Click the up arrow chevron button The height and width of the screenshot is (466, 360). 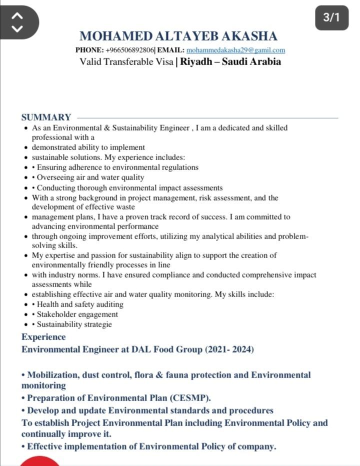[17, 15]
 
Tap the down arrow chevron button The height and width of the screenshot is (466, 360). [17, 28]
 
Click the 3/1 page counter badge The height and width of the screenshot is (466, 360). [331, 17]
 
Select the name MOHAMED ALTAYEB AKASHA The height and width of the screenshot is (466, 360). [178, 36]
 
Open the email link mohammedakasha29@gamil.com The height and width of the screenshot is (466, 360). [235, 50]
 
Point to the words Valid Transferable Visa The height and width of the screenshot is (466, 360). [126, 62]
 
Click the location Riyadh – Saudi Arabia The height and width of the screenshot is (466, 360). [230, 62]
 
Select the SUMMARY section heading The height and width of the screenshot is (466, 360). [46, 117]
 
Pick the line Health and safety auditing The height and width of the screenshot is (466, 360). [80, 304]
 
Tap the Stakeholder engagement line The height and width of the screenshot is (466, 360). [77, 314]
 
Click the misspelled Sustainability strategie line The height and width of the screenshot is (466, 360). [74, 324]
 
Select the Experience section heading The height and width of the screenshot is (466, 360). [43, 337]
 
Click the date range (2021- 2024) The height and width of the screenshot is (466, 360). [229, 349]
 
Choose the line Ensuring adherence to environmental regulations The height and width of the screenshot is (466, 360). [117, 167]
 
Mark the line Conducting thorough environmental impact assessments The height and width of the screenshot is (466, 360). [129, 188]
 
